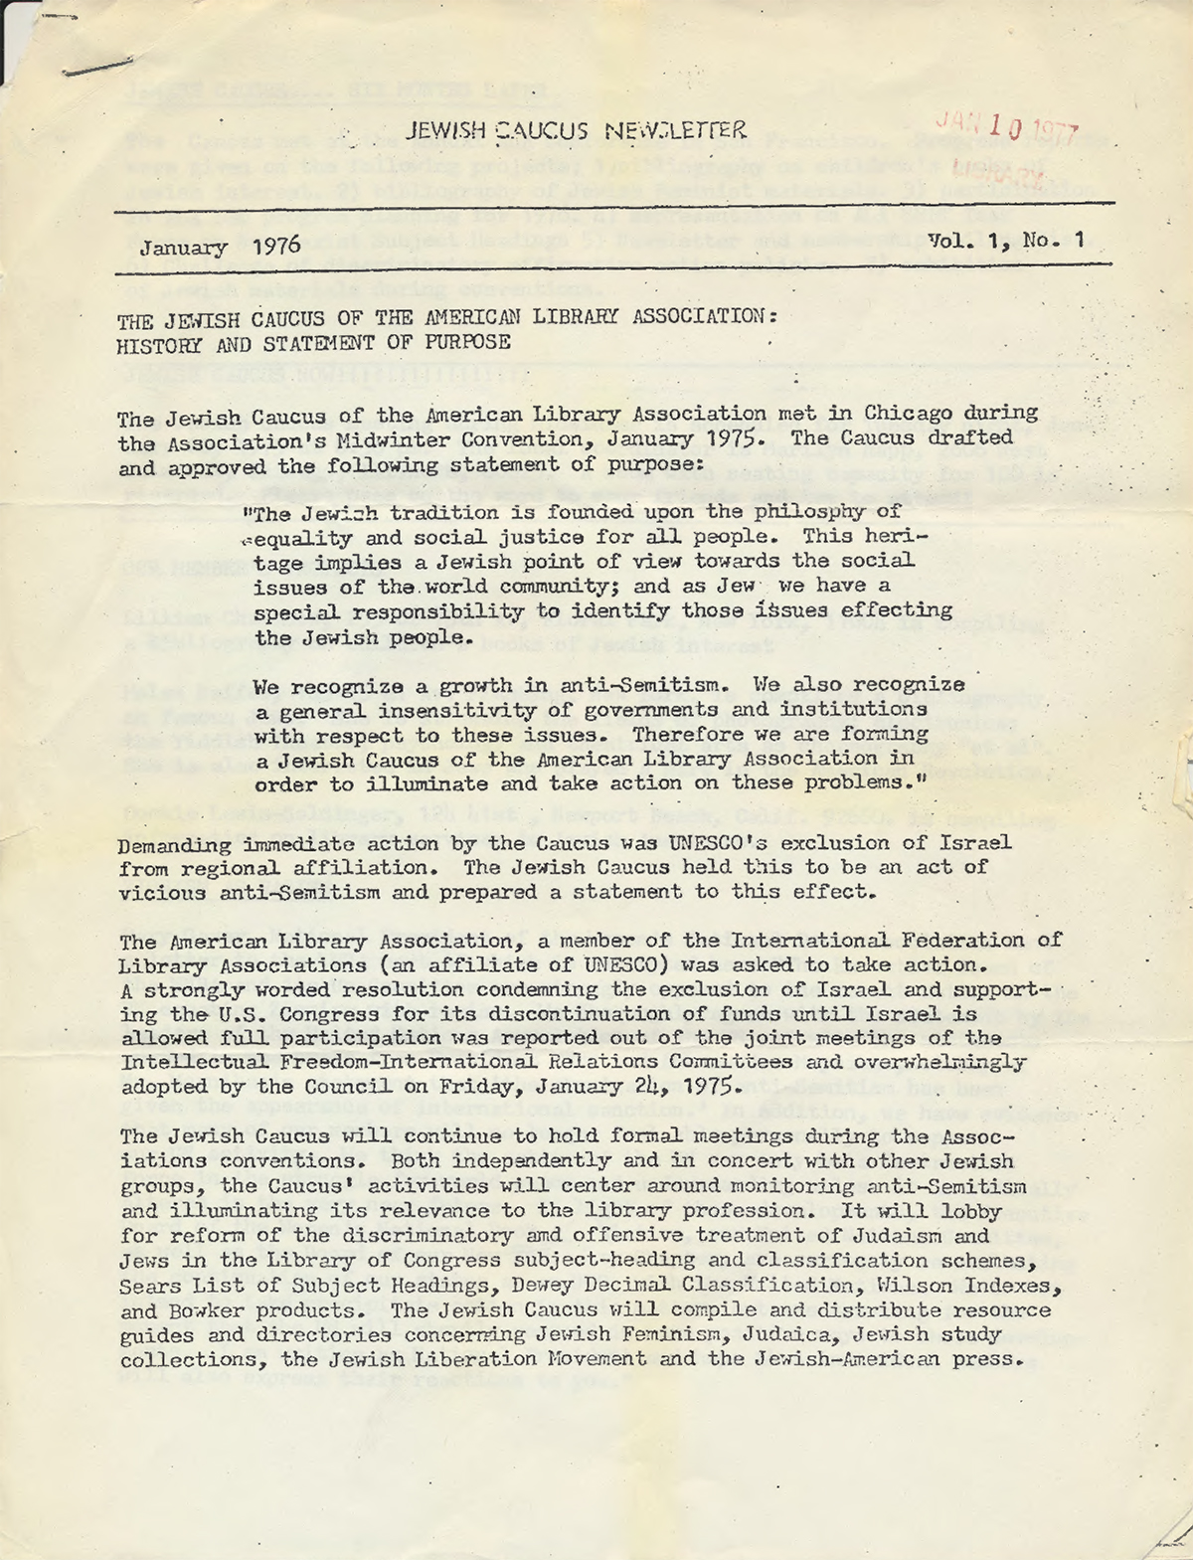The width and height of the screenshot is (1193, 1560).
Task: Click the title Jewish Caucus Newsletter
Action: pyautogui.click(x=576, y=130)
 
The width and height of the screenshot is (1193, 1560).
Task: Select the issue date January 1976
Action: pyautogui.click(x=220, y=247)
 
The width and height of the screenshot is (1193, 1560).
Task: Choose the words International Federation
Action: pyautogui.click(x=878, y=940)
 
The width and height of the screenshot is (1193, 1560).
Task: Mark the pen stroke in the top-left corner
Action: pyautogui.click(x=96, y=66)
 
